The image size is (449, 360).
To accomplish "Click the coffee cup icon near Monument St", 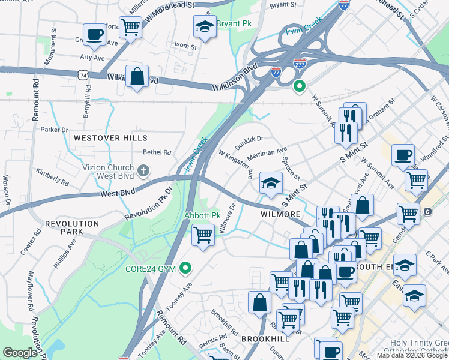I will [94, 36].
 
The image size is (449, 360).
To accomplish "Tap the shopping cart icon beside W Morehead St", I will [130, 26].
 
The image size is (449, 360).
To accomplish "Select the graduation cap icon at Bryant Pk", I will [205, 27].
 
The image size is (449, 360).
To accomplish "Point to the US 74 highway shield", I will [82, 74].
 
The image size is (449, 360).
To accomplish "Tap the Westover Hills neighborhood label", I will [102, 138].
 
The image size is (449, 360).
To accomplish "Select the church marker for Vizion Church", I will [143, 172].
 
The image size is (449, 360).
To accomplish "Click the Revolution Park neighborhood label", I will [71, 227].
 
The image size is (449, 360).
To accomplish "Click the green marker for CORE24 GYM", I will [186, 268].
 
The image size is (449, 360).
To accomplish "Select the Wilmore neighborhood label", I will [280, 214].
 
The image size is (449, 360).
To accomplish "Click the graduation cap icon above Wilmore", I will [271, 182].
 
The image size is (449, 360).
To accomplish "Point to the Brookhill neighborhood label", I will [265, 339].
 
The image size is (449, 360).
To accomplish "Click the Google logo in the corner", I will [20, 353].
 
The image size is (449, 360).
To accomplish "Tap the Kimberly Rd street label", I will [52, 176].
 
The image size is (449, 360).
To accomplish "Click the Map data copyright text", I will [412, 355].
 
